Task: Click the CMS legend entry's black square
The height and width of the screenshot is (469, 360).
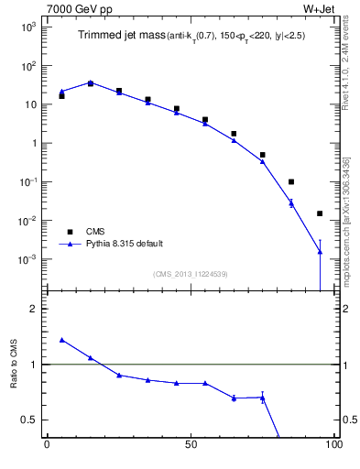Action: pyautogui.click(x=70, y=232)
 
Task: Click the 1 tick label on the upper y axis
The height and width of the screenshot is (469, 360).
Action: pyautogui.click(x=32, y=143)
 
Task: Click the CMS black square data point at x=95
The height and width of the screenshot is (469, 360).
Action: pyautogui.click(x=320, y=213)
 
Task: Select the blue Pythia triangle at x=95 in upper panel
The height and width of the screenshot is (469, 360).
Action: pyautogui.click(x=320, y=251)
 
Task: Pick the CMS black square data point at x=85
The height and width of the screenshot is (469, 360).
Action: pyautogui.click(x=291, y=181)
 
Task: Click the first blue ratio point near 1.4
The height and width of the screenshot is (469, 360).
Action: pyautogui.click(x=61, y=340)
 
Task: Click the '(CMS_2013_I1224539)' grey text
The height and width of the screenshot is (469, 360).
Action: pyautogui.click(x=190, y=273)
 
